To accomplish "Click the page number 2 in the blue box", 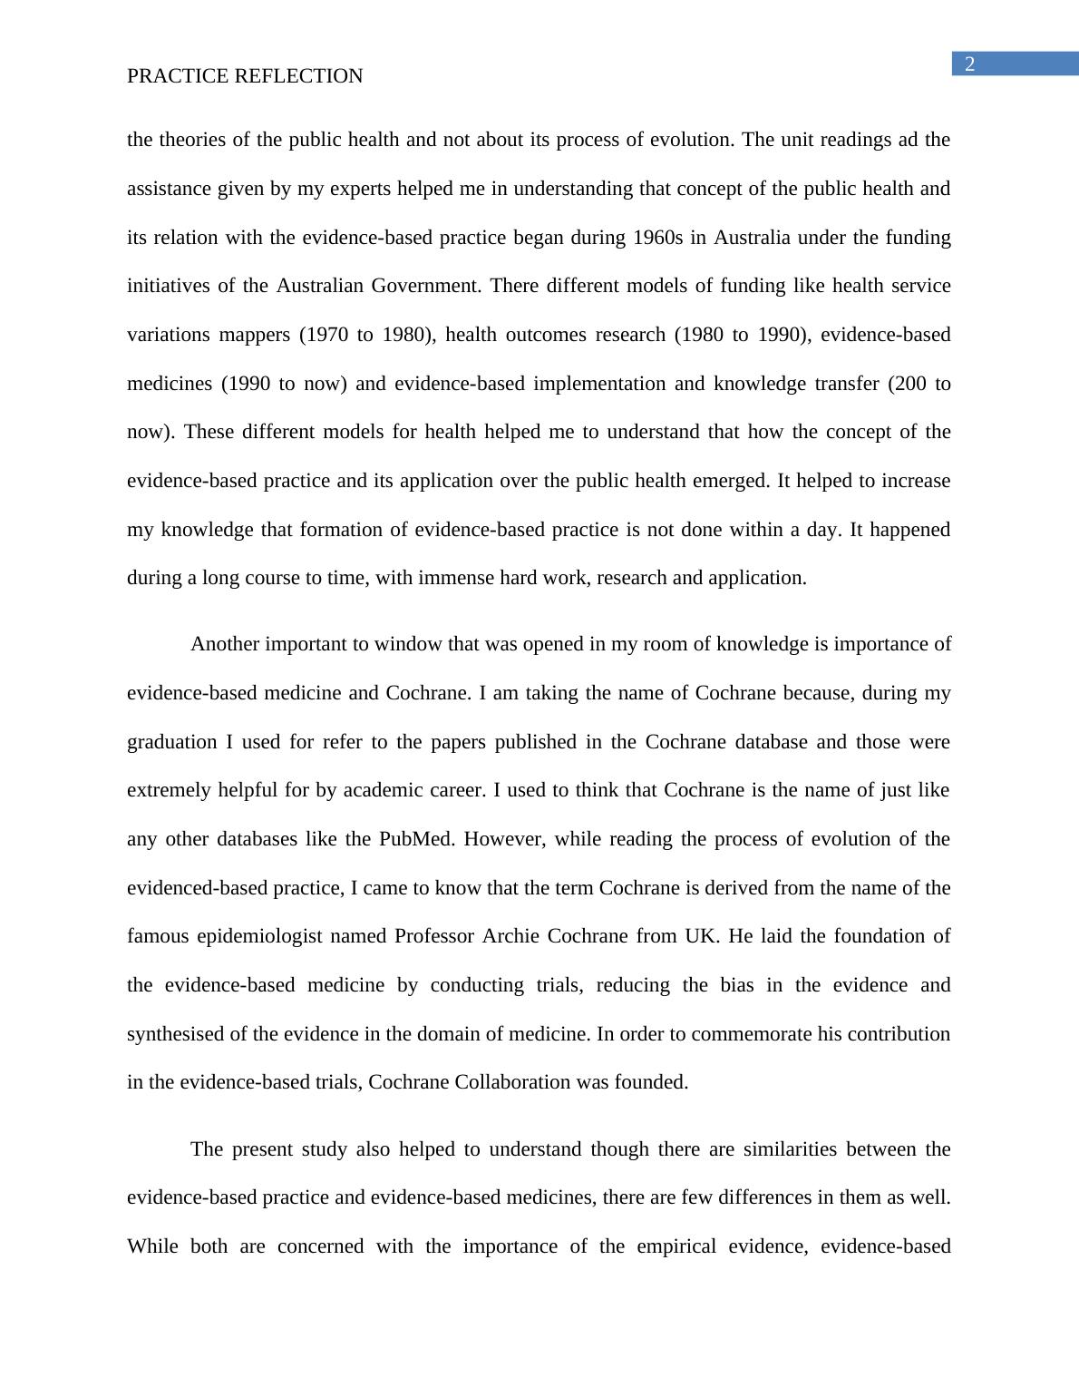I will coord(969,63).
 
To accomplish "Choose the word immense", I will coord(456,578).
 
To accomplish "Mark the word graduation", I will coord(172,742).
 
